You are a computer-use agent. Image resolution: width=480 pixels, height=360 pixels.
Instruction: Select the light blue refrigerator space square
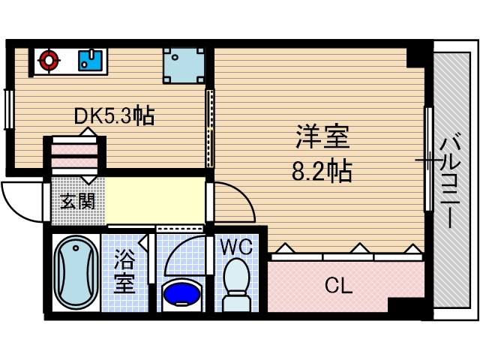point(184,65)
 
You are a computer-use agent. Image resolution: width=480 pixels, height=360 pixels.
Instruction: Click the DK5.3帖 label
point(114,115)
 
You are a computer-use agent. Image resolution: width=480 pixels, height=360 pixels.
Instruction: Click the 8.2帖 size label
point(322,172)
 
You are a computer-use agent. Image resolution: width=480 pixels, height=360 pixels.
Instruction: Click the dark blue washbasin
point(182,293)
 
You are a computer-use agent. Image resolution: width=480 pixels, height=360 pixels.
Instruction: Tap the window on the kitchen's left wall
point(8,109)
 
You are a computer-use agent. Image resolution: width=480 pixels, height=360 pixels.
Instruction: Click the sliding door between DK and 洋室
point(210,129)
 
